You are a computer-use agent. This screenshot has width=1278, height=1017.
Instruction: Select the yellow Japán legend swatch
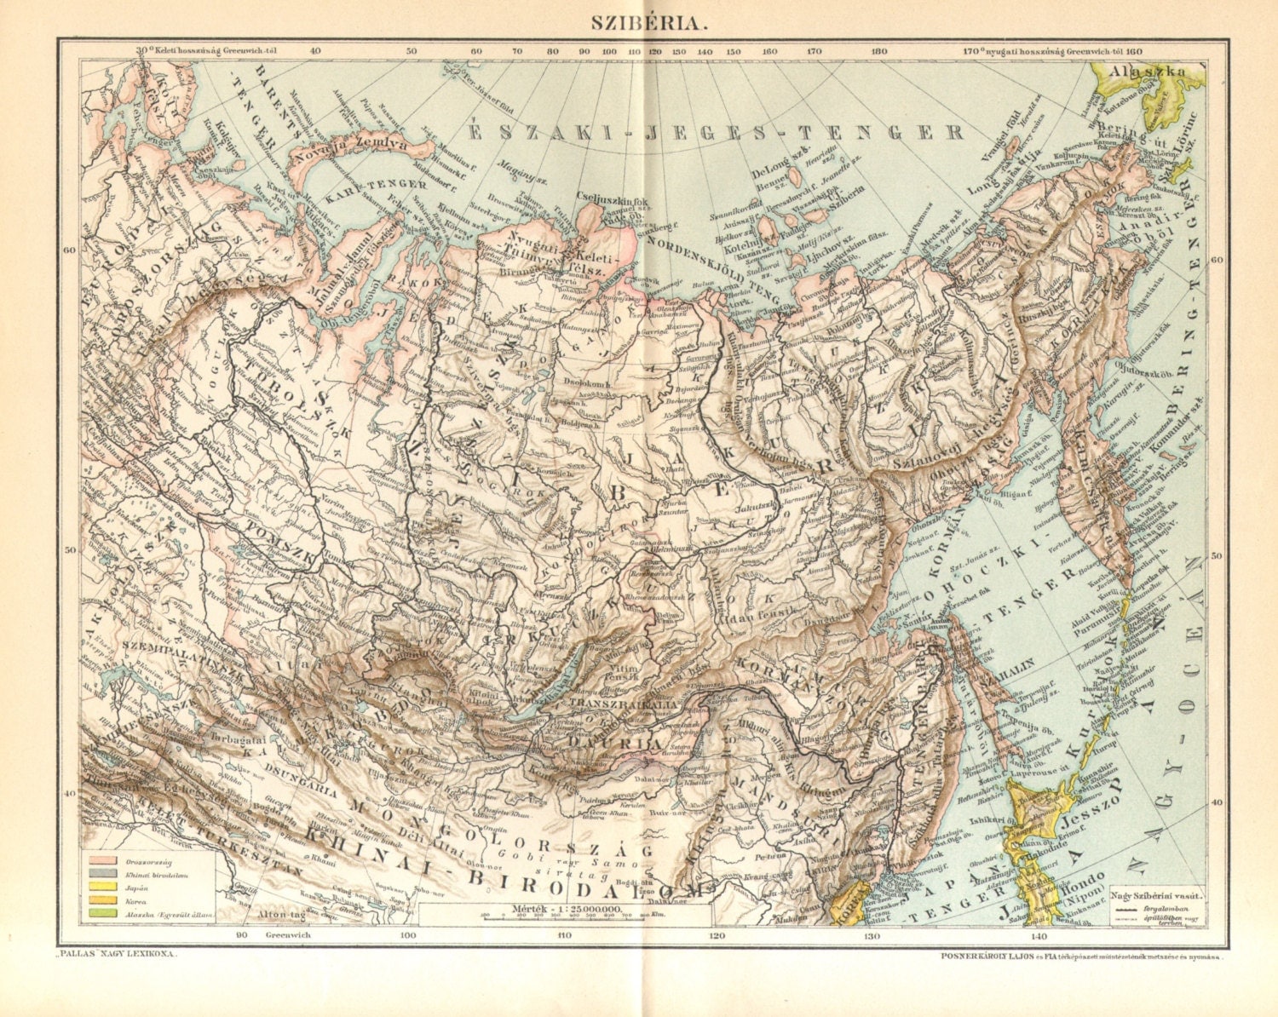point(102,887)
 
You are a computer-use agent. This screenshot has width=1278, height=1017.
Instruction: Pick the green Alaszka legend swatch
point(102,914)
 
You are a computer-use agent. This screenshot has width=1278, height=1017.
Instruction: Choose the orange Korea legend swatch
point(102,900)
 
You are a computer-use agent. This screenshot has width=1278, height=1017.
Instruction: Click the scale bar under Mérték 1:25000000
point(565,916)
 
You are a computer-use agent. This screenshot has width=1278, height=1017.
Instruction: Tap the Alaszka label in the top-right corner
point(1149,72)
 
